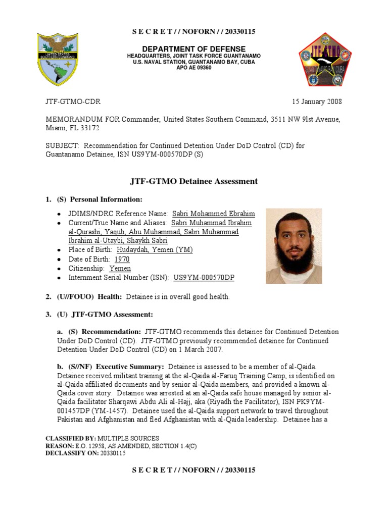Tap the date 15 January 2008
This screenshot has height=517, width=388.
click(317, 101)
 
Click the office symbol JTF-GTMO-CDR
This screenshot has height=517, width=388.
click(73, 101)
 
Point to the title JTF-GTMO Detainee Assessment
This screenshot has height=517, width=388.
click(193, 181)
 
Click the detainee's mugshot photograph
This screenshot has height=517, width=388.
click(294, 245)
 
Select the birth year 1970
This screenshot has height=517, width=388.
click(122, 259)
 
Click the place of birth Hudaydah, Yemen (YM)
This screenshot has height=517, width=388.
click(155, 250)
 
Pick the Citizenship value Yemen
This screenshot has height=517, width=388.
click(120, 269)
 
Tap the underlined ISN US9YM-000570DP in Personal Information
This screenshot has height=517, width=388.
click(204, 278)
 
